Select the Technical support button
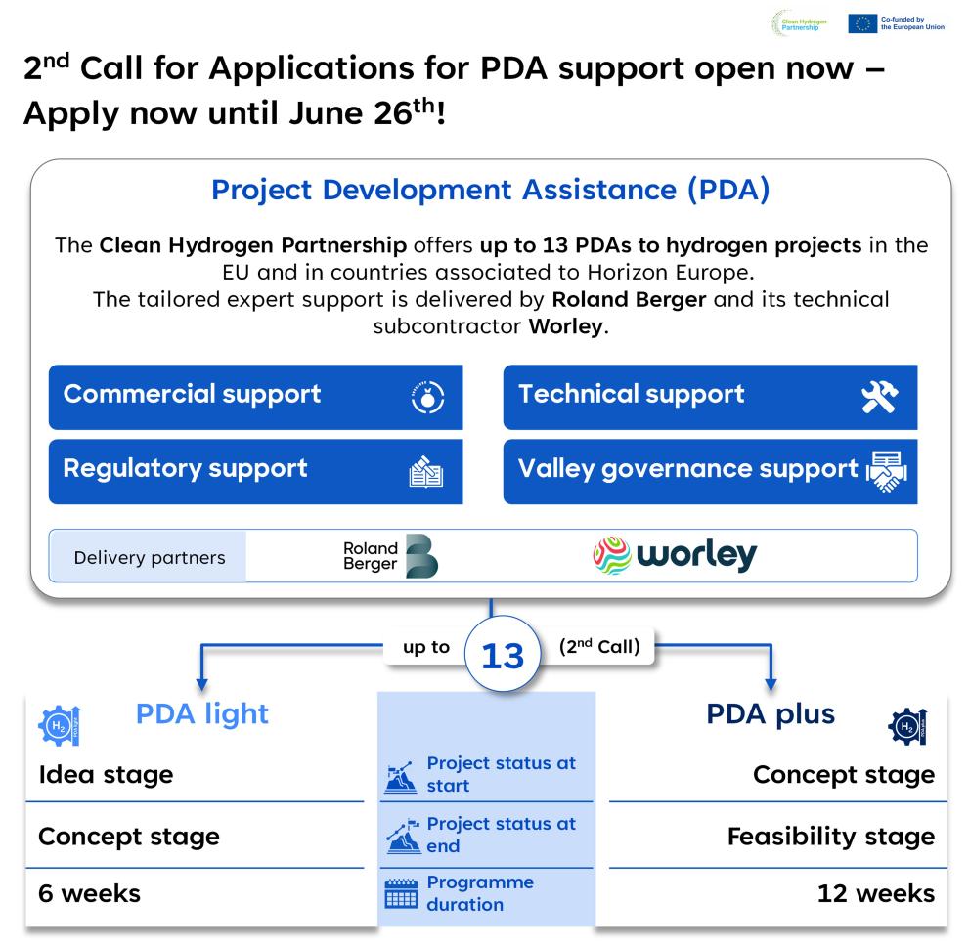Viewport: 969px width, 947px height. coord(710,396)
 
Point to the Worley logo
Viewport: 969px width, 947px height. coord(676,556)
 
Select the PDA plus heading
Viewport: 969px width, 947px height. coord(771,714)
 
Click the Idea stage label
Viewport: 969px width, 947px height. coord(106,776)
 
